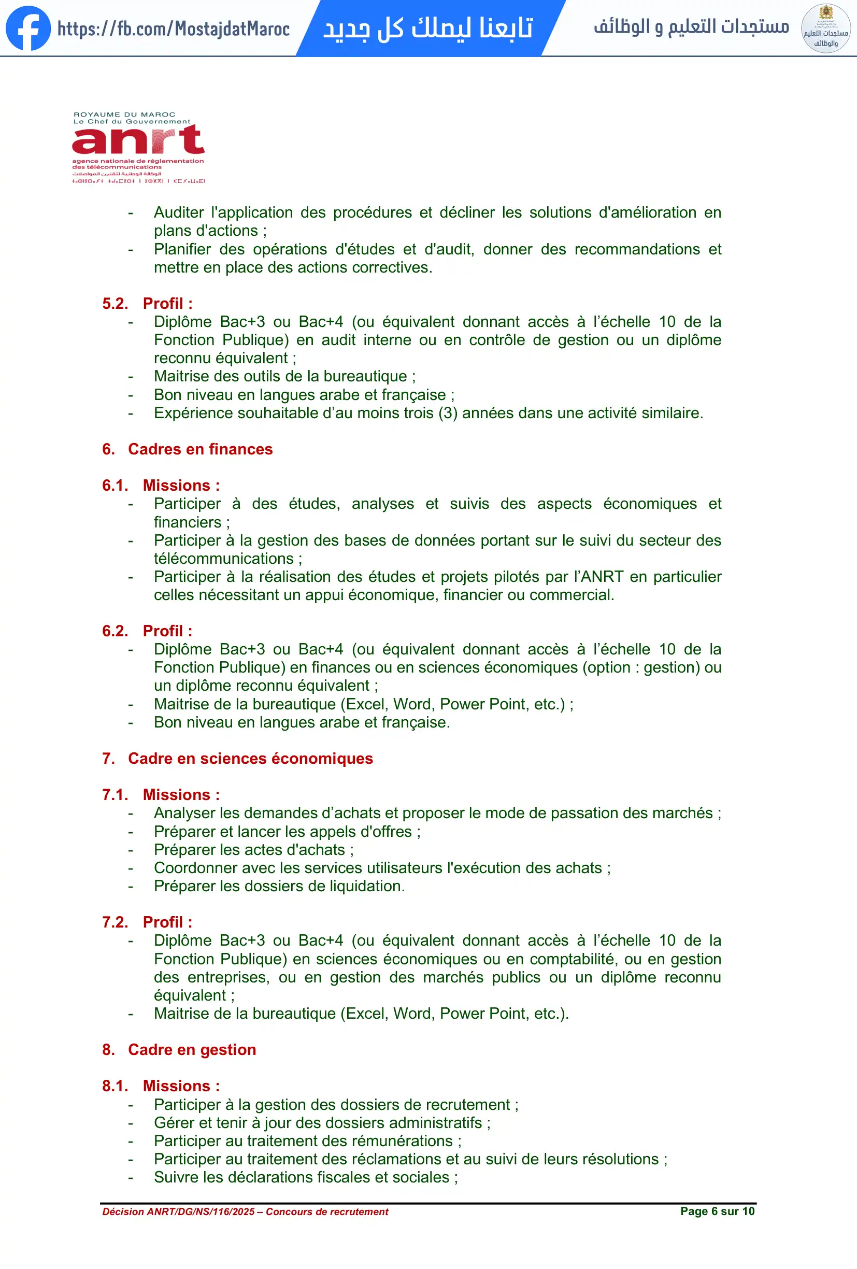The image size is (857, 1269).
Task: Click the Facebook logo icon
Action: point(28,28)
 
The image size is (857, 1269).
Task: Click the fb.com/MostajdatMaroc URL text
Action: point(174,29)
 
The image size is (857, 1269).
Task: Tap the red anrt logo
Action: point(138,140)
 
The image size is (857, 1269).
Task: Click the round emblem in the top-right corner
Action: point(825,28)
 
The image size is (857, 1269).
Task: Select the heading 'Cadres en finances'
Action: point(201,449)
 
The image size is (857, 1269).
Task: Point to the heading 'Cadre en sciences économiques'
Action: point(250,759)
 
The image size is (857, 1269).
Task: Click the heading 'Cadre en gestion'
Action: point(192,1049)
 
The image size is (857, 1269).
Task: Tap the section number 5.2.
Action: point(115,304)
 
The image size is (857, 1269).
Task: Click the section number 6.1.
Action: point(115,486)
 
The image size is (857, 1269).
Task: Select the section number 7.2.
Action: point(115,922)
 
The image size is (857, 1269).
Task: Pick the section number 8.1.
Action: point(115,1086)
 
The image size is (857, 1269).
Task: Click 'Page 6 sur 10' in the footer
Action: point(717,1211)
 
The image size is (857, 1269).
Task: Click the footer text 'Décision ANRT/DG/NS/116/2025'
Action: point(178,1211)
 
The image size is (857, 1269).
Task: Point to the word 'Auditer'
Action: point(178,212)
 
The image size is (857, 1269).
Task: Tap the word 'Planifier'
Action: point(182,249)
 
